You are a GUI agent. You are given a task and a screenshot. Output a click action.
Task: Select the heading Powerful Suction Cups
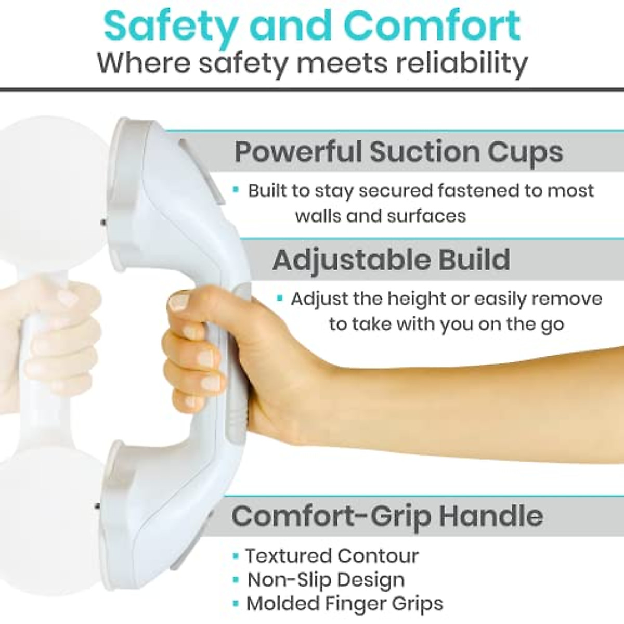398,152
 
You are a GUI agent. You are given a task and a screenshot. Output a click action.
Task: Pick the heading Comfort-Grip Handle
387,515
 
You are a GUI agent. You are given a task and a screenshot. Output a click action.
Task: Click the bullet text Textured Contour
332,556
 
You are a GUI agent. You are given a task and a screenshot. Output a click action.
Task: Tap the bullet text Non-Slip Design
326,580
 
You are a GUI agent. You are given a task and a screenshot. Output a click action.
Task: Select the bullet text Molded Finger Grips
344,604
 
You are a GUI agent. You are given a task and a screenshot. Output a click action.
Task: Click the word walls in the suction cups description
318,215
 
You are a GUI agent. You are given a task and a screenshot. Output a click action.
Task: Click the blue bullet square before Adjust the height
280,299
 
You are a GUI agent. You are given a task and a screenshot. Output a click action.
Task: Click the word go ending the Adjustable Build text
552,324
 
